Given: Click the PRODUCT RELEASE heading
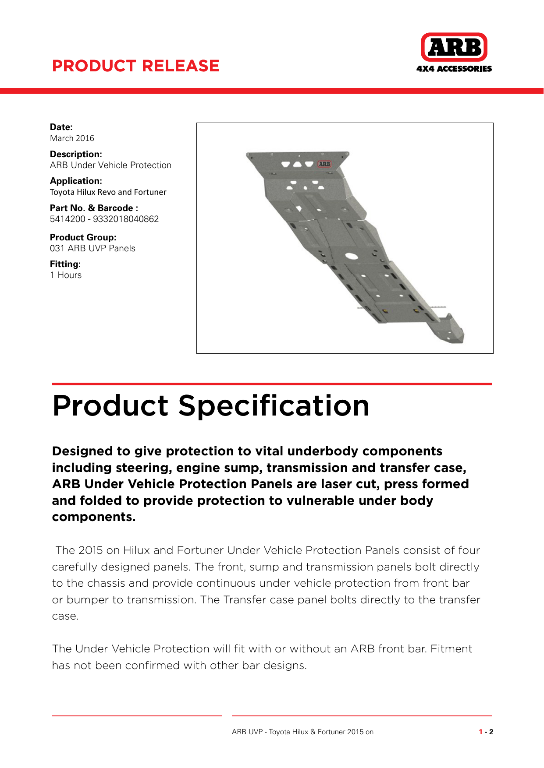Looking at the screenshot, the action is (x=135, y=66).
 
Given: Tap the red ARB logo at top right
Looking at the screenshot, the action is (x=454, y=47).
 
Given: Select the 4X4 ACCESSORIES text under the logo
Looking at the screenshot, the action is (x=454, y=69).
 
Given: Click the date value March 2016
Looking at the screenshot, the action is (x=72, y=138).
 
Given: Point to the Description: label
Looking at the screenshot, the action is (x=76, y=154).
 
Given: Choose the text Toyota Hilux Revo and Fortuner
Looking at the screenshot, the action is (x=108, y=192).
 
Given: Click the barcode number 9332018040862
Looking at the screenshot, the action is (x=126, y=219).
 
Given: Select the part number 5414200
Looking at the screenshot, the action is (x=68, y=219).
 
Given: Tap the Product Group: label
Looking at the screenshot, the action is (x=83, y=237).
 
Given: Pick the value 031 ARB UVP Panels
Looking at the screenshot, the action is (x=92, y=248).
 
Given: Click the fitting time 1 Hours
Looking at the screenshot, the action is (x=66, y=275).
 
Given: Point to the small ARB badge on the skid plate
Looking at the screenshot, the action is (x=324, y=164).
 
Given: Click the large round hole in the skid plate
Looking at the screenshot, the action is (x=351, y=256).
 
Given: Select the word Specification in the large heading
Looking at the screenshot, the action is (x=274, y=405).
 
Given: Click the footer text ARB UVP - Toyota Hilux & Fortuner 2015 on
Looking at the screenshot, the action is (x=302, y=732).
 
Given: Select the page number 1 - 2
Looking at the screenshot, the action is (x=486, y=732).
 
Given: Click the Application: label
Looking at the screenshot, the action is (x=76, y=181).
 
